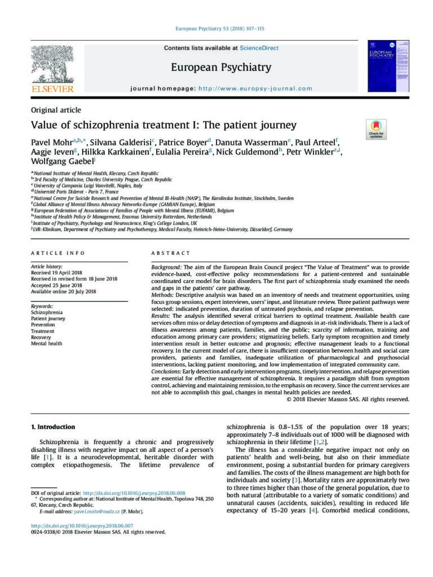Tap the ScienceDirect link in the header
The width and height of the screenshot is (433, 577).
(259, 48)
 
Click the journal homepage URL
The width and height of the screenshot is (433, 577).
(255, 88)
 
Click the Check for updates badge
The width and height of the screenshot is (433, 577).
(375, 130)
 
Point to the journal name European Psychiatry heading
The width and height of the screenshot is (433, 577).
(221, 68)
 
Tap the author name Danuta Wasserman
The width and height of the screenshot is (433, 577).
(252, 141)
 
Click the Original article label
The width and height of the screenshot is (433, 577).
(56, 110)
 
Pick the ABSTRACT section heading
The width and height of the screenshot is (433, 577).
(167, 254)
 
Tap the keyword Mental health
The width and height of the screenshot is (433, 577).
(47, 343)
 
